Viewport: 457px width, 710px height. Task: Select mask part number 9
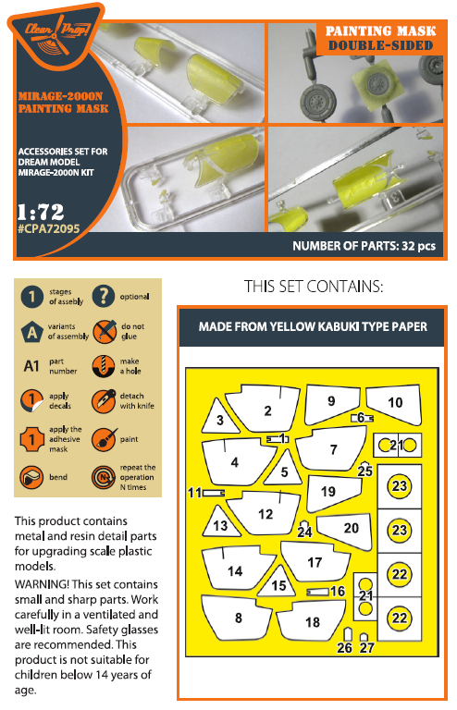click(331, 401)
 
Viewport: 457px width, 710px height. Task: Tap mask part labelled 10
click(396, 402)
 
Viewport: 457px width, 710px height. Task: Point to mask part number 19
click(329, 492)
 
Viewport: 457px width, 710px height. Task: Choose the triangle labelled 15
click(278, 584)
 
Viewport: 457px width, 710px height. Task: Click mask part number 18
click(312, 622)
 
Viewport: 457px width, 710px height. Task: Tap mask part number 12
click(265, 513)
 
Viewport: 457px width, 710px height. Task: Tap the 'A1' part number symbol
click(31, 365)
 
